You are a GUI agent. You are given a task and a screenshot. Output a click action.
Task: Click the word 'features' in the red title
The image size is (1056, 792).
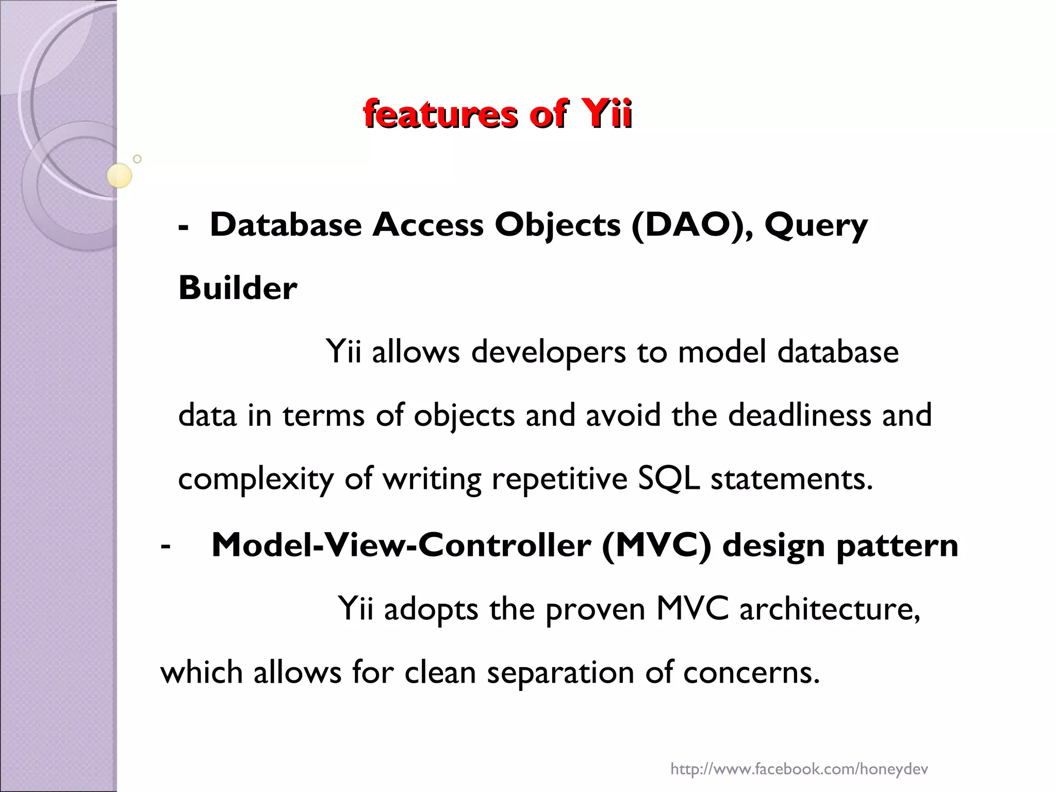[x=440, y=114]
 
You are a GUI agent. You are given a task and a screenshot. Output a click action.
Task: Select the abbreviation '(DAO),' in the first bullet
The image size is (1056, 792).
[x=691, y=225]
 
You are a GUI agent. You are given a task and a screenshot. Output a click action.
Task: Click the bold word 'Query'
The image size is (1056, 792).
[x=816, y=226]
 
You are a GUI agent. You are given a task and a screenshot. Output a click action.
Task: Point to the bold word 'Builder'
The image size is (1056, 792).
[x=238, y=288]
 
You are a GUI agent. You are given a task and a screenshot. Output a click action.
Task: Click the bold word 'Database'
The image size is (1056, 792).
[x=286, y=225]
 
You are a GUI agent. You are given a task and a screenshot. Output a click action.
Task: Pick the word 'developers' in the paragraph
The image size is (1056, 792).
[x=548, y=353]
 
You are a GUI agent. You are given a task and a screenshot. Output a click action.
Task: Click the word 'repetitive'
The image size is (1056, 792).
[x=559, y=480]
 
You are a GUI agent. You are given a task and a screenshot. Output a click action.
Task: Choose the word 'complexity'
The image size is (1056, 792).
[x=256, y=480]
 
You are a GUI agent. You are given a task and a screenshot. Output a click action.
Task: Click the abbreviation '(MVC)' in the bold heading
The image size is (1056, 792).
[x=656, y=545]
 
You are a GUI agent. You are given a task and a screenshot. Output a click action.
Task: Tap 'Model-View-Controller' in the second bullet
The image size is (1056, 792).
[x=401, y=545]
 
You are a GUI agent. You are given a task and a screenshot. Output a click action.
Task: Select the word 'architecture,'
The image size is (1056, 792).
[x=830, y=609]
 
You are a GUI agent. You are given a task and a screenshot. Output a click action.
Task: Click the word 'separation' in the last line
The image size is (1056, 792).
[x=560, y=673]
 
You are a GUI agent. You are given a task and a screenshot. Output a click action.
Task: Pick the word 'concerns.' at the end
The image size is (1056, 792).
[x=751, y=673]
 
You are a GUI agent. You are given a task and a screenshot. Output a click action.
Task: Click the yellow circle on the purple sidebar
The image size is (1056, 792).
[x=119, y=175]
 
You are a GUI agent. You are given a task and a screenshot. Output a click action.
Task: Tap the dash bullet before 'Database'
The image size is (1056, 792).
[x=183, y=227]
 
